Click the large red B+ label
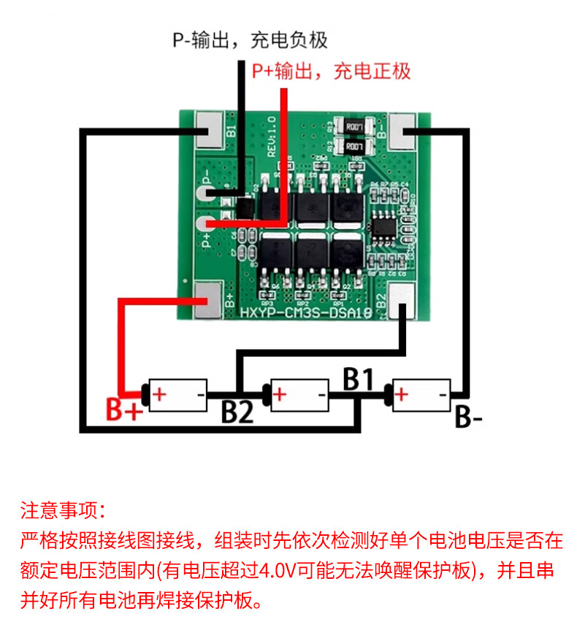click(123, 410)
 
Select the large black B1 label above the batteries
click(359, 378)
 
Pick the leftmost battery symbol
click(178, 395)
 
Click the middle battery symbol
click(300, 395)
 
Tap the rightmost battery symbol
click(421, 395)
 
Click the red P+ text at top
click(331, 71)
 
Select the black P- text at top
click(250, 39)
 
